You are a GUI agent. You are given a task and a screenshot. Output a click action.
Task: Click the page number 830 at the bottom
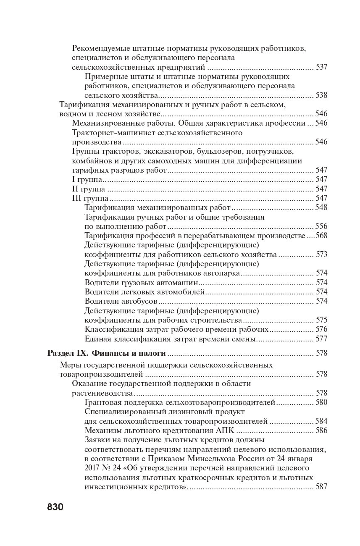(55, 507)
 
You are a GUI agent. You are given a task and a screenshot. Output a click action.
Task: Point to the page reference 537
(321, 67)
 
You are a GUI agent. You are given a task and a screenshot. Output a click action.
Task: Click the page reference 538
(321, 95)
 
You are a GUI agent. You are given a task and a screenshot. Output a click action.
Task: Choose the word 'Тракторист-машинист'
(111, 133)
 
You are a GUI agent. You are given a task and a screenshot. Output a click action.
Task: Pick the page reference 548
(321, 207)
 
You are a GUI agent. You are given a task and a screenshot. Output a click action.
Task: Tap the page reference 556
(321, 226)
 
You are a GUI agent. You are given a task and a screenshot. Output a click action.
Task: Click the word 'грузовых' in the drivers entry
(134, 282)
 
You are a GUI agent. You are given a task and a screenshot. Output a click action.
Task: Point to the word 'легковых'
(134, 291)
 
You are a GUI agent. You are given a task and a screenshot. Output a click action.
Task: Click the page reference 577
(321, 339)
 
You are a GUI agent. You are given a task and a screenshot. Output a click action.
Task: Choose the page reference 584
(321, 421)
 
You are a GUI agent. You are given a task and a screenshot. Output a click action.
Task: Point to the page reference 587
(321, 487)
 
